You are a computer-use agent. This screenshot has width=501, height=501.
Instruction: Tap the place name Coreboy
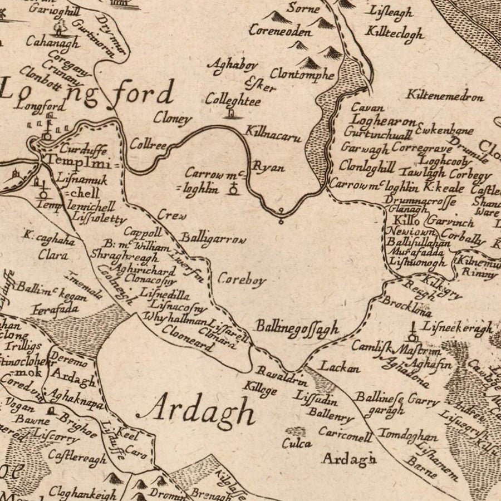[242, 279]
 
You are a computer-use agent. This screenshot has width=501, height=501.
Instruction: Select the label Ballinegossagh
[297, 328]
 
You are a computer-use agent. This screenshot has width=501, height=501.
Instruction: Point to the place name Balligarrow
[212, 238]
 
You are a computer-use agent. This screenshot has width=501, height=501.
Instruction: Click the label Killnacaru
[273, 134]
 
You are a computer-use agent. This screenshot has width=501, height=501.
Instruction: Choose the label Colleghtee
[233, 101]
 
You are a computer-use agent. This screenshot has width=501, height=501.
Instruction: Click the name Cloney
[173, 119]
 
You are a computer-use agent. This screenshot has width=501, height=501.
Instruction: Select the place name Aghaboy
[228, 65]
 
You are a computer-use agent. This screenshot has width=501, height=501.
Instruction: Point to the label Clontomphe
[302, 74]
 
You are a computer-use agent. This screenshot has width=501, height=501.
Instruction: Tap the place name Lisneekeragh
[457, 328]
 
